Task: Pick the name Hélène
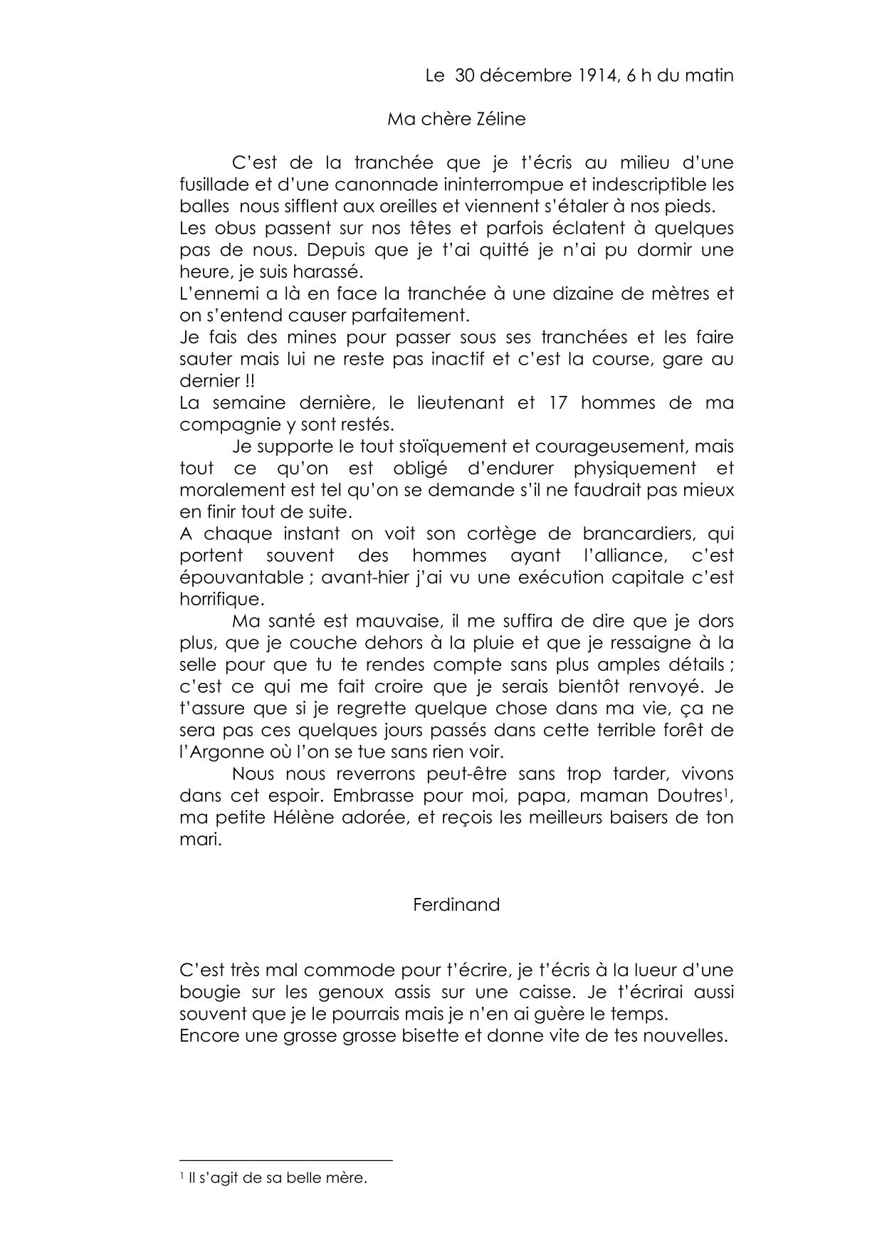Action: [x=308, y=817]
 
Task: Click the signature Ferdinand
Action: [x=456, y=905]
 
